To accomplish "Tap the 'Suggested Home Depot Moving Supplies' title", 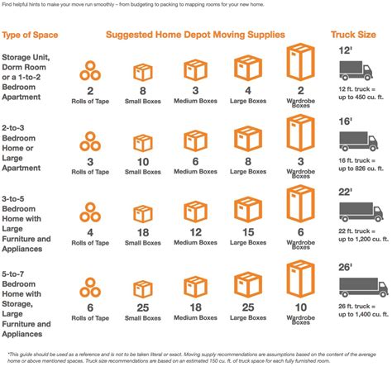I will coord(195,35).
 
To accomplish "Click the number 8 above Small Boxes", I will coord(143,90).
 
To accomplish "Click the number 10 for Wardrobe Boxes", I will coord(299,307).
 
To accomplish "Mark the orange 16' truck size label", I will coord(347,121).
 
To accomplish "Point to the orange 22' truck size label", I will coord(347,193).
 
